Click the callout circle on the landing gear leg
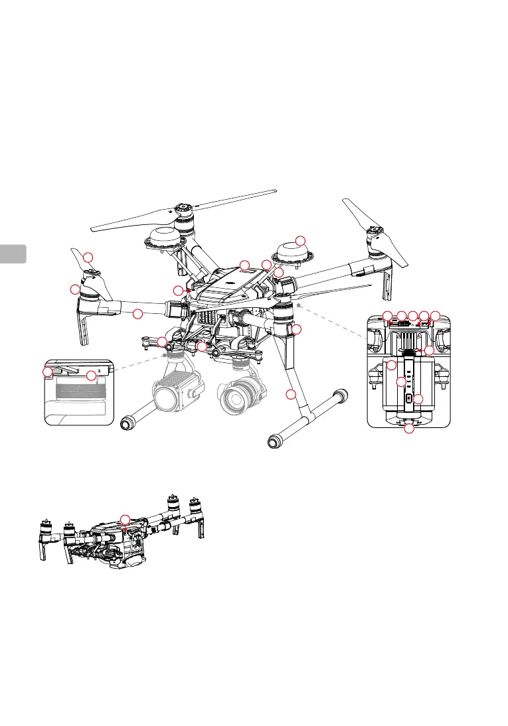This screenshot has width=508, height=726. coord(290,396)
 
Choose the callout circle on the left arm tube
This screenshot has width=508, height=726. coord(137,313)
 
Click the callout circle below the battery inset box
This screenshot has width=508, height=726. coord(409,430)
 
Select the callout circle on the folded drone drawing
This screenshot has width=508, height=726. coord(125,519)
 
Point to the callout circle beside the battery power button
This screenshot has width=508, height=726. coord(418,399)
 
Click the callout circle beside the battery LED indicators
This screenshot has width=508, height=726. coord(400,382)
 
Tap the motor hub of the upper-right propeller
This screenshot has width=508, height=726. coord(375,236)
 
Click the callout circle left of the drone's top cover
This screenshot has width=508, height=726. coord(177,290)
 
